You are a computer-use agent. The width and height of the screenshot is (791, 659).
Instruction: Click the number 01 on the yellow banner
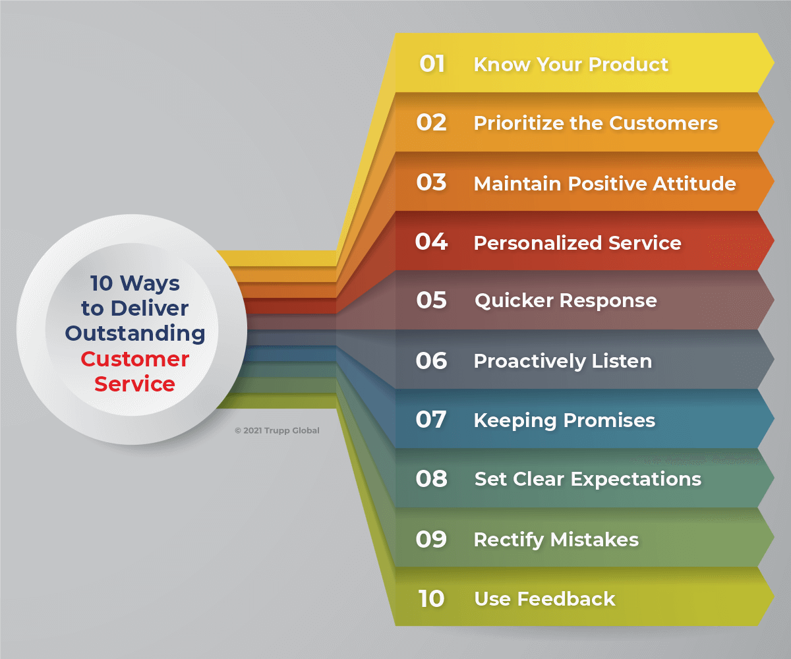coord(432,64)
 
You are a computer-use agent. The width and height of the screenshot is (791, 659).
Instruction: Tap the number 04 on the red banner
coord(431,242)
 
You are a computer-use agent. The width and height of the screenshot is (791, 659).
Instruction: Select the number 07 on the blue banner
coord(430,420)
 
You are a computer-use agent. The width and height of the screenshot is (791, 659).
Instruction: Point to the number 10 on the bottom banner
coord(432,599)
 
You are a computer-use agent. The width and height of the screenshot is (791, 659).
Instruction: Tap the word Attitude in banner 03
coord(694,183)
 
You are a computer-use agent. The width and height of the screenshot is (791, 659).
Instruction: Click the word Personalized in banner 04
coord(538,243)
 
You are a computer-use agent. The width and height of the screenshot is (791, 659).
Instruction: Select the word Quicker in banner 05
coord(514,301)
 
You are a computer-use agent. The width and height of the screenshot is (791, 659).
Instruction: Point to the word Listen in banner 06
coord(622,360)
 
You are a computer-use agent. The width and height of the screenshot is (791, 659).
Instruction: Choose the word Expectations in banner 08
coord(636,480)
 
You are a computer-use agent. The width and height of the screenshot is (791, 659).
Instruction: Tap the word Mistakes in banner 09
coord(595,539)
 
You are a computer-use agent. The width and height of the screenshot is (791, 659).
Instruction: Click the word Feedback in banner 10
coord(566,599)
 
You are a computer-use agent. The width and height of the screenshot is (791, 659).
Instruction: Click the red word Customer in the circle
coord(135,358)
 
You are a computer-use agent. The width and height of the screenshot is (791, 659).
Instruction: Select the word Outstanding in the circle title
coord(135,333)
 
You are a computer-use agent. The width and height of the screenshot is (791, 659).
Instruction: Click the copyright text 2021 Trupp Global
coord(277,430)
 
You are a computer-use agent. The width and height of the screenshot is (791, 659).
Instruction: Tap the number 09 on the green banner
coord(431,539)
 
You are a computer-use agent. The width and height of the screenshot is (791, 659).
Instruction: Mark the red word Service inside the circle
coord(135,384)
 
